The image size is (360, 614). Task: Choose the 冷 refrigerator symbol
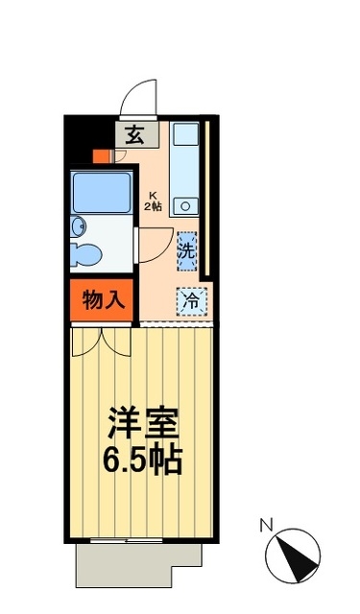pos(190,300)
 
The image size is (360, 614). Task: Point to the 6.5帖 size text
pos(144,460)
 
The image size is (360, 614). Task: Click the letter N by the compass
pos(269,524)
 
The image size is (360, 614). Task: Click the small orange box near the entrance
pos(100,156)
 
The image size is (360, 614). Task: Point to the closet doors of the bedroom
pos(102,340)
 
